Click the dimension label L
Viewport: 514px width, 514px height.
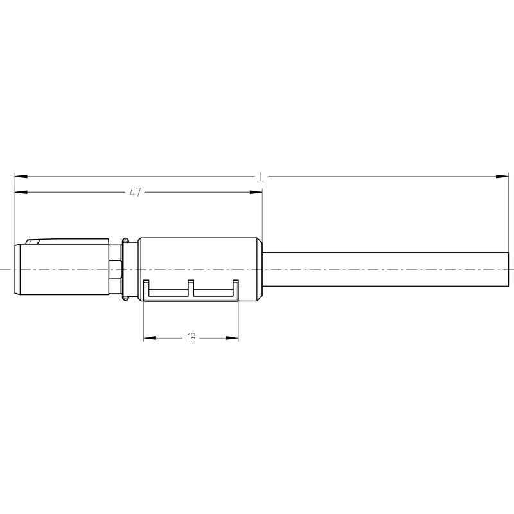point(261,176)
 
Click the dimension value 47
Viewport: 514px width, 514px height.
point(136,192)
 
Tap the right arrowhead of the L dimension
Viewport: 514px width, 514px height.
point(502,176)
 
